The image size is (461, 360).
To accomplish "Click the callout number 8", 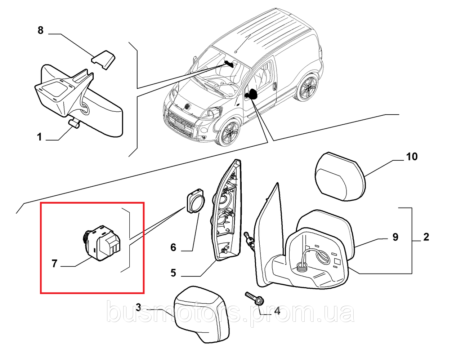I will click(40, 30).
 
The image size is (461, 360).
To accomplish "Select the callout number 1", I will click(40, 137).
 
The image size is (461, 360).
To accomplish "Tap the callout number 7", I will click(54, 264).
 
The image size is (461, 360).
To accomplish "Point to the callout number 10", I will click(412, 157).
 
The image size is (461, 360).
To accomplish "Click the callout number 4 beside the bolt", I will click(277, 311).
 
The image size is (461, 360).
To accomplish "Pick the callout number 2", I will click(426, 237).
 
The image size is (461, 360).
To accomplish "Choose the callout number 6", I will click(173, 247).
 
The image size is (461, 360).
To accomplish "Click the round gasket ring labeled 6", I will click(195, 202).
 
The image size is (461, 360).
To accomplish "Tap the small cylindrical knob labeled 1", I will click(75, 124).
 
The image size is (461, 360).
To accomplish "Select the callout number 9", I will click(395, 237).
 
